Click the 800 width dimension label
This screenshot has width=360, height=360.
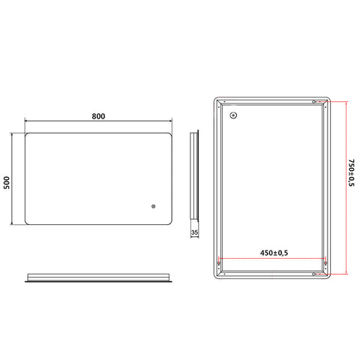tap(98, 116)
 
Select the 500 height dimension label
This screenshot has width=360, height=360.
tap(7, 182)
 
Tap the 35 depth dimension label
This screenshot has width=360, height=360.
tap(194, 232)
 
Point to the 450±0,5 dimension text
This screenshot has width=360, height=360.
tap(274, 253)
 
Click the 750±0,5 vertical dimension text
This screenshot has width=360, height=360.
tap(351, 172)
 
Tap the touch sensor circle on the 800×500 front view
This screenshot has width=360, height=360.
tap(153, 206)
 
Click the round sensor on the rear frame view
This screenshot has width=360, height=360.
tap(233, 115)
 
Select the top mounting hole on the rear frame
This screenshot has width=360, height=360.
tap(313, 102)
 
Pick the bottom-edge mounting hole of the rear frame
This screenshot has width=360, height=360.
tap(313, 274)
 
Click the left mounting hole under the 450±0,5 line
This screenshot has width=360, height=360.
tap(219, 263)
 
